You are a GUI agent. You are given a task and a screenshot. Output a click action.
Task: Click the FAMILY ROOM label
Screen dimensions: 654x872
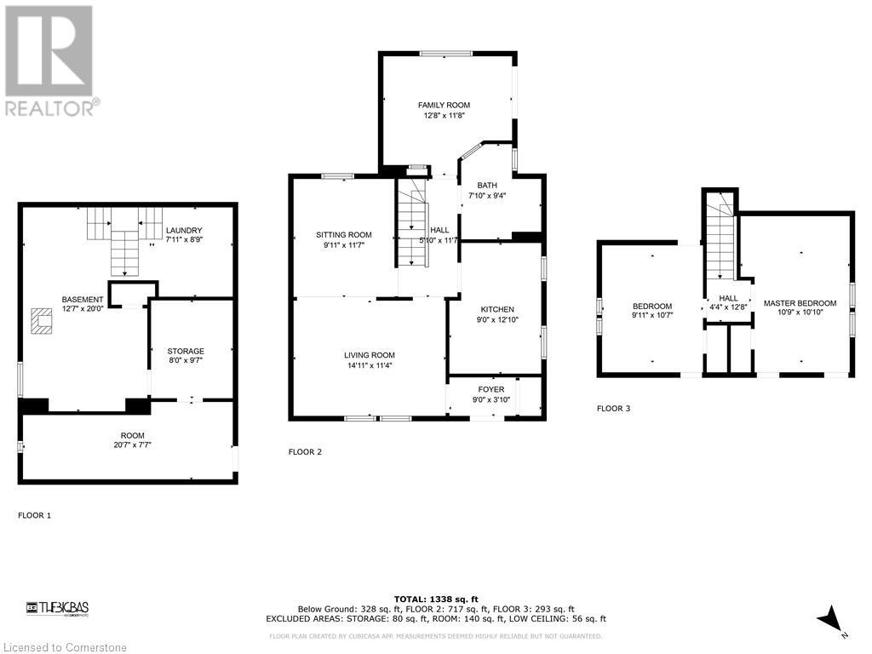pos(444,106)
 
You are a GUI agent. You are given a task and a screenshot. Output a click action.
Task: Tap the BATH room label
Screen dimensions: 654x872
pos(487,186)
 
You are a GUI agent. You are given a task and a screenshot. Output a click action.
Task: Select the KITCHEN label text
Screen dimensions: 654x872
pos(496,310)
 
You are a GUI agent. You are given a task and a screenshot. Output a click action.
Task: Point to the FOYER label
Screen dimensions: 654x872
pos(490,389)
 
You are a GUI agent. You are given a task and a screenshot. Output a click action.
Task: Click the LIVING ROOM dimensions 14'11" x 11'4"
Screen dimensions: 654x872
pos(370,366)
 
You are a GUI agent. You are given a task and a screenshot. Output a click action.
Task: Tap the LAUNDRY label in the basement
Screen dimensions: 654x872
pos(184,231)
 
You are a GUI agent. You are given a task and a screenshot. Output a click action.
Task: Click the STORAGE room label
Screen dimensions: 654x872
pos(185,351)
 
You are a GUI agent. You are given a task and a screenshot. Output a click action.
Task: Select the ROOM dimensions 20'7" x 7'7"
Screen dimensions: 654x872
pos(126,445)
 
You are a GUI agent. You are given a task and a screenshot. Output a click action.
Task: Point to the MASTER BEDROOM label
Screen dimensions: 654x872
pos(800,303)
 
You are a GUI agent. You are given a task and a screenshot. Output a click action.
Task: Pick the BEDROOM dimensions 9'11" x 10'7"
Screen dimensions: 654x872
pos(652,317)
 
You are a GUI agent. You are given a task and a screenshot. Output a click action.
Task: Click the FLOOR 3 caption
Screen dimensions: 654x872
pos(613,409)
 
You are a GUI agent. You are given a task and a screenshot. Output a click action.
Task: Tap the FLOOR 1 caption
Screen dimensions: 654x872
pos(35,515)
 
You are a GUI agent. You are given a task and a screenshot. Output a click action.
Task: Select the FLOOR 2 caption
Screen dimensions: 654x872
pos(305,452)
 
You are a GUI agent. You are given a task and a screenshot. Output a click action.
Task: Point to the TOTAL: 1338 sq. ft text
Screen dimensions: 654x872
pos(435,599)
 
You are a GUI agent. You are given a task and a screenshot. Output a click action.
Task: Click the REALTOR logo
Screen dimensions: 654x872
pos(50,60)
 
